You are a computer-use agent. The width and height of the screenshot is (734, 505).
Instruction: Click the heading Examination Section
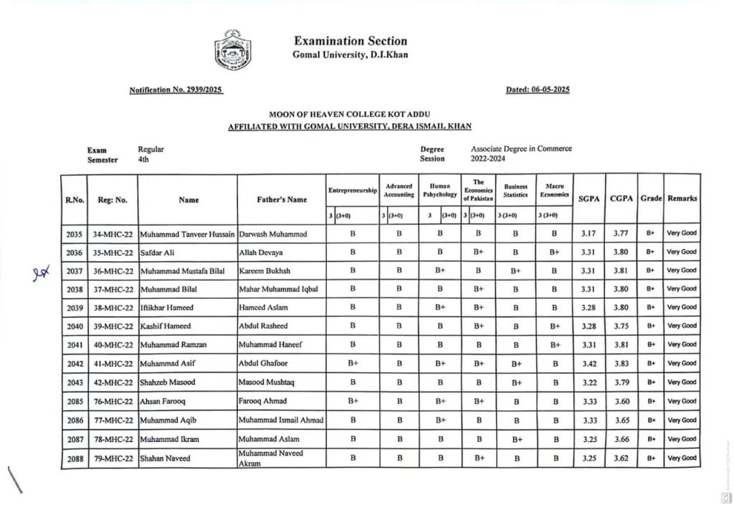click(350, 41)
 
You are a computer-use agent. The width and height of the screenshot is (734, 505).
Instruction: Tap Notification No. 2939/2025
click(176, 90)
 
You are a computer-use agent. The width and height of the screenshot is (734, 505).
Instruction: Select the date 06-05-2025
click(538, 90)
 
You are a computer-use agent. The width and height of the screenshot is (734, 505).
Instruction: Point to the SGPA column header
click(588, 198)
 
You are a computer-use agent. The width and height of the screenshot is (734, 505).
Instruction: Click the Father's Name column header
click(282, 200)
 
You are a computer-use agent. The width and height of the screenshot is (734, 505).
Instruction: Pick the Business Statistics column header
click(515, 191)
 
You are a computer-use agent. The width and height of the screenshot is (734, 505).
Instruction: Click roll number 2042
click(75, 364)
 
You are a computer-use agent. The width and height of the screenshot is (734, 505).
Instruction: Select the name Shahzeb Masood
click(167, 383)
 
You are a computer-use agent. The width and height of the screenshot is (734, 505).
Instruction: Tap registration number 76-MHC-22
click(113, 401)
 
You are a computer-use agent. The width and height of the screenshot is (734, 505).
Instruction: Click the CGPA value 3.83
click(621, 364)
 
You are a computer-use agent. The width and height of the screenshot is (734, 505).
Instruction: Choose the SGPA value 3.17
click(588, 234)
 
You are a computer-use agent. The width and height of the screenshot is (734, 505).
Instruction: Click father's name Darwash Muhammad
click(272, 234)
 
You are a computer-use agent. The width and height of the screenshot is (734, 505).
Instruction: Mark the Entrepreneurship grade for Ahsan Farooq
click(353, 401)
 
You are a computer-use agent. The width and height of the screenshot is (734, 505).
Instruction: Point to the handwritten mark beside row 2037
click(39, 273)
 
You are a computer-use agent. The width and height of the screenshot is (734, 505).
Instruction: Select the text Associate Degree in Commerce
click(521, 149)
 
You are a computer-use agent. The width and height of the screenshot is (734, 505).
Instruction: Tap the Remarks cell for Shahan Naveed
click(681, 458)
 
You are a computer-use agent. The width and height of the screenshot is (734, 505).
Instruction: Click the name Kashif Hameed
click(166, 327)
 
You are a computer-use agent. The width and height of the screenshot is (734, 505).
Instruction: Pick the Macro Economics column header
click(555, 191)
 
